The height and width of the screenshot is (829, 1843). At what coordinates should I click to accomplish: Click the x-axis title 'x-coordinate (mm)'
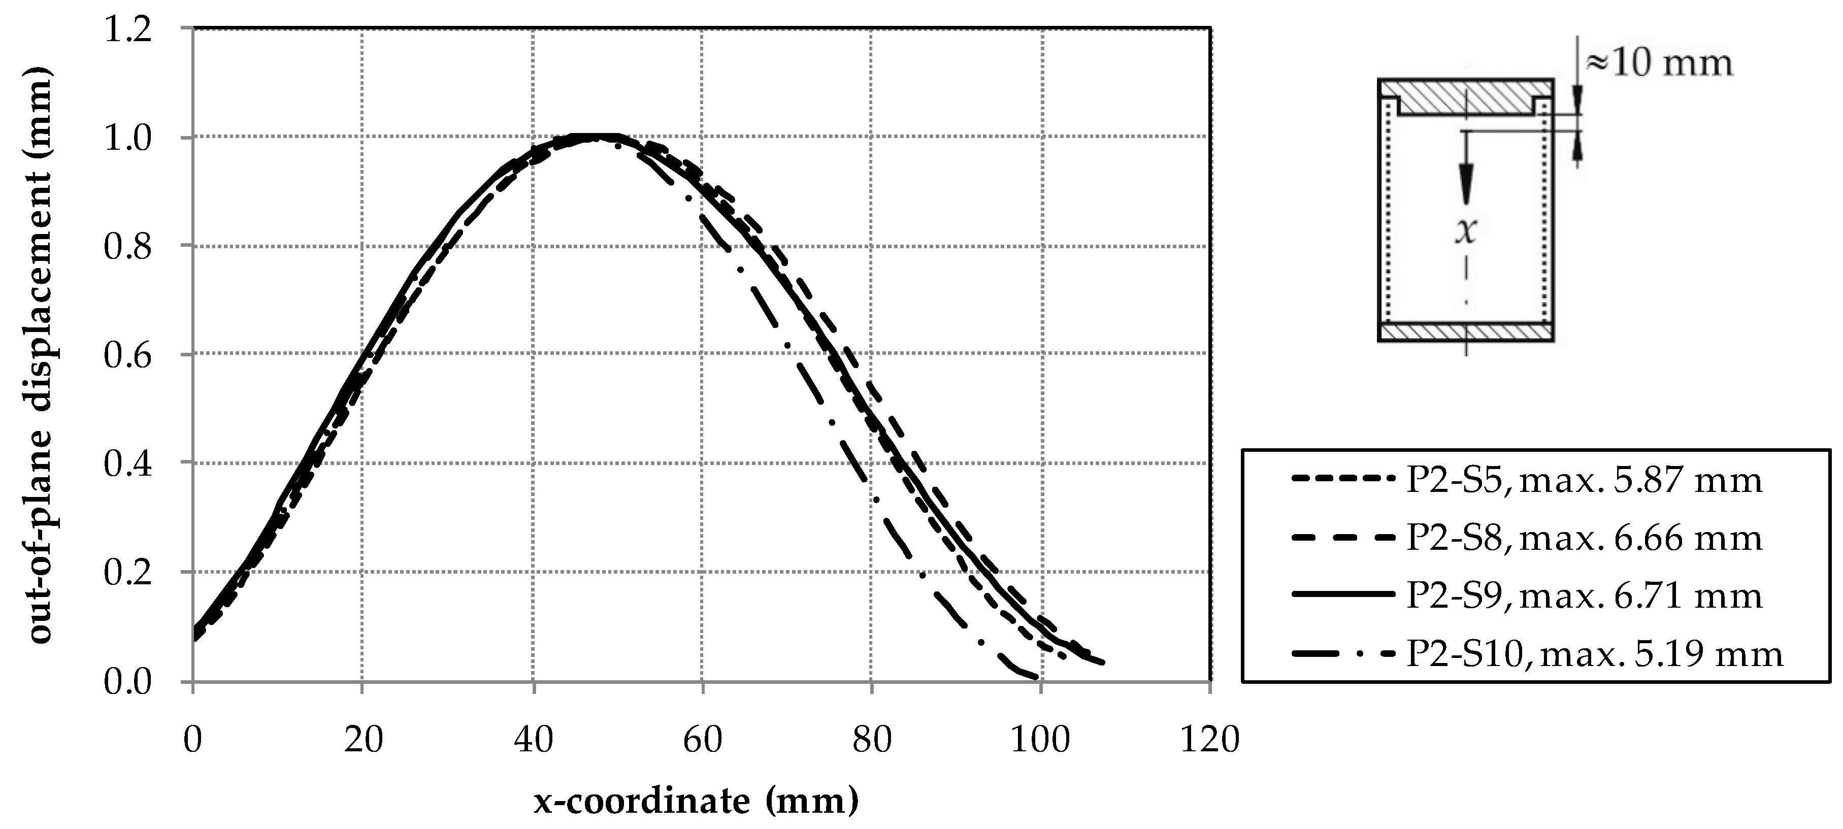pos(696,801)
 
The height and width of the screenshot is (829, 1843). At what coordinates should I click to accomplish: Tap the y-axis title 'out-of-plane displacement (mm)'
pos(42,355)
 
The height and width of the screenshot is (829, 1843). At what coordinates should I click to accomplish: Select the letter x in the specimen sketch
pos(1465,230)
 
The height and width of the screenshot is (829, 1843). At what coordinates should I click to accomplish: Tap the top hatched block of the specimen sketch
pos(1465,96)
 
